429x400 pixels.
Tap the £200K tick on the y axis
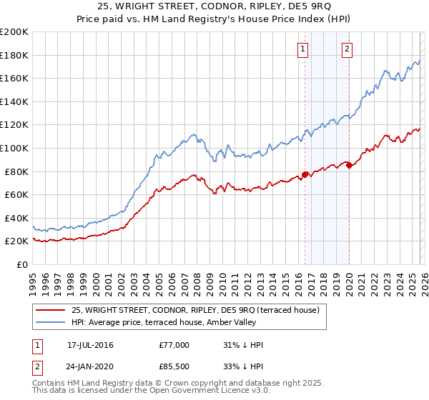click(14, 31)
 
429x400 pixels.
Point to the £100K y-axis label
click(14, 148)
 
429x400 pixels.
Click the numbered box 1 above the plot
click(303, 49)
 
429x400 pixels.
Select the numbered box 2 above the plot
click(347, 49)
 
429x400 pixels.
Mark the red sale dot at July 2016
click(305, 174)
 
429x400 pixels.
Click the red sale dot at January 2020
click(349, 165)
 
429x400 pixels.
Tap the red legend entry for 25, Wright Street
click(199, 309)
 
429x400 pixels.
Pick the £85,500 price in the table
click(174, 365)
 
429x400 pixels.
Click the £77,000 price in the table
click(174, 345)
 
